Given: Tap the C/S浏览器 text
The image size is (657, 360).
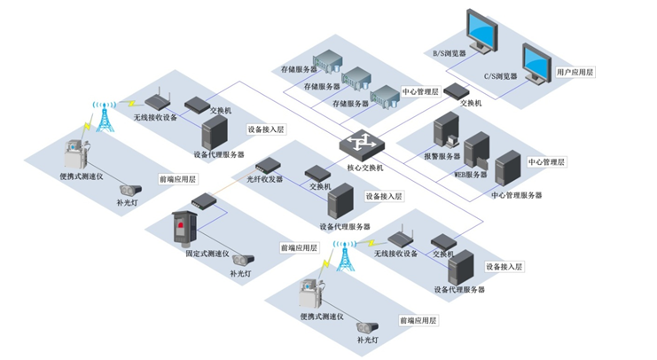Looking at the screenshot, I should [x=499, y=77].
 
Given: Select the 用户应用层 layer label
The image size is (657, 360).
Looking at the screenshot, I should [x=575, y=71].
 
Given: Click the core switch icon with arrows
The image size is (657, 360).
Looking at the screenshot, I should [x=364, y=144].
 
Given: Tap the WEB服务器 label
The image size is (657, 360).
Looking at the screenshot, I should [x=471, y=175].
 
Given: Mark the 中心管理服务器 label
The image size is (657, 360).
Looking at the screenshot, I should [x=516, y=195].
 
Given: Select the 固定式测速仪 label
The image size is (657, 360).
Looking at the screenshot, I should [x=207, y=254].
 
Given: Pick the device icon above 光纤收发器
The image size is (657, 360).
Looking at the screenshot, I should [x=268, y=164].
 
